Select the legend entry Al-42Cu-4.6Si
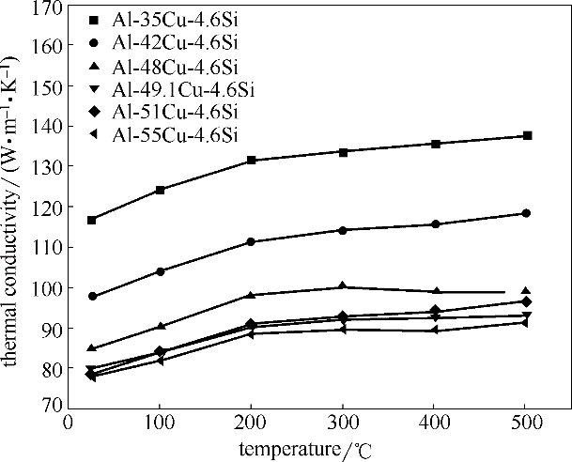(163, 44)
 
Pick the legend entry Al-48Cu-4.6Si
(163, 67)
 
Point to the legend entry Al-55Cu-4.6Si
(163, 136)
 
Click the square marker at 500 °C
(527, 136)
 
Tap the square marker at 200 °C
(251, 161)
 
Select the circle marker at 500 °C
(526, 213)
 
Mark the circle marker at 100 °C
(161, 271)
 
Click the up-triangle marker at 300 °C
(343, 286)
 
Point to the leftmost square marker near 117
(91, 220)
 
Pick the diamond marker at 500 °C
(526, 301)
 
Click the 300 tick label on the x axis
(343, 423)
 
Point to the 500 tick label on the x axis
(526, 423)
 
